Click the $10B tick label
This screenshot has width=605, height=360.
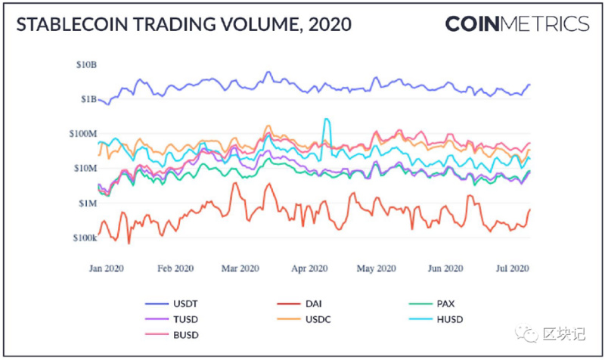click(x=85, y=65)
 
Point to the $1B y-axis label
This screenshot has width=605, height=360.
click(x=87, y=99)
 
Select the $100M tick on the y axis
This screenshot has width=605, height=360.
click(x=82, y=134)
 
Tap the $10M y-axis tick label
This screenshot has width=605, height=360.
click(x=85, y=168)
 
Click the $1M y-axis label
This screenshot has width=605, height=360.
click(x=87, y=203)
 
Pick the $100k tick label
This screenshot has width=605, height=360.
click(x=84, y=237)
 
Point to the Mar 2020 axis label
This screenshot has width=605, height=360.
click(x=240, y=268)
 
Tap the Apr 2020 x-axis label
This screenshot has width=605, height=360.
click(x=309, y=268)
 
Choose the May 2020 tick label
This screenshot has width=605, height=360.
click(x=376, y=268)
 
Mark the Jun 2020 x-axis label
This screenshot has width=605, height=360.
click(x=445, y=268)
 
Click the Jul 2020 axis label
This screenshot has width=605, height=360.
click(x=512, y=268)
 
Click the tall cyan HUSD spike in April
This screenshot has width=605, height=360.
click(x=326, y=119)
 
